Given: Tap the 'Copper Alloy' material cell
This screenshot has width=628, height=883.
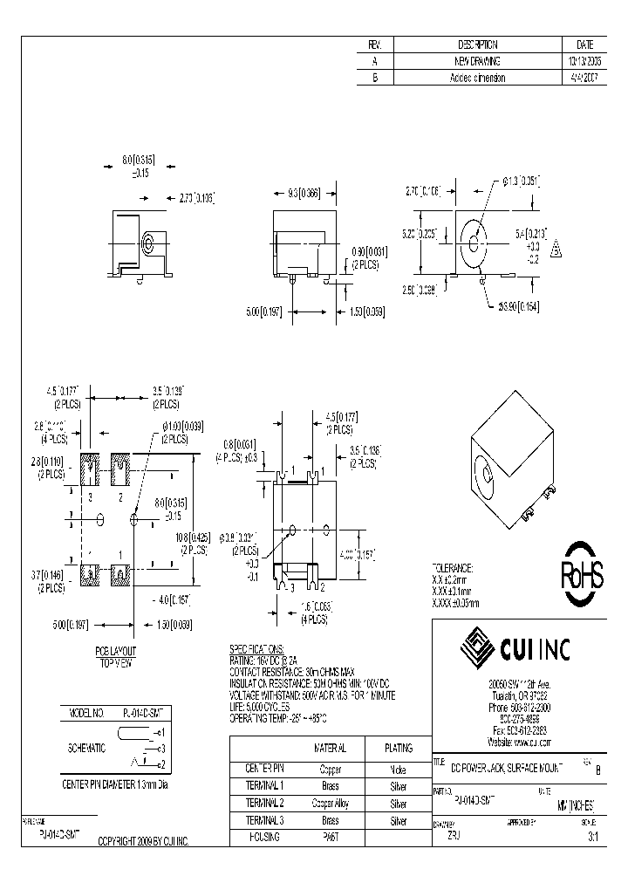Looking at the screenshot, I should (330, 804).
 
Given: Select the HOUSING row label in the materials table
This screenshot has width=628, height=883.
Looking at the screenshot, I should (263, 837).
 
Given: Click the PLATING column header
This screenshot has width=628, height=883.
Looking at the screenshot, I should (399, 748).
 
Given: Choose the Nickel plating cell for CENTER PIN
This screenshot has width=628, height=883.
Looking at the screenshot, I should (399, 770).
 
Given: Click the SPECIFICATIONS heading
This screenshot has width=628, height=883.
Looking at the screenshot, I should (256, 651).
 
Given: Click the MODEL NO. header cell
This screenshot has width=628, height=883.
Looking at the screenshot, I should (86, 713).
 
